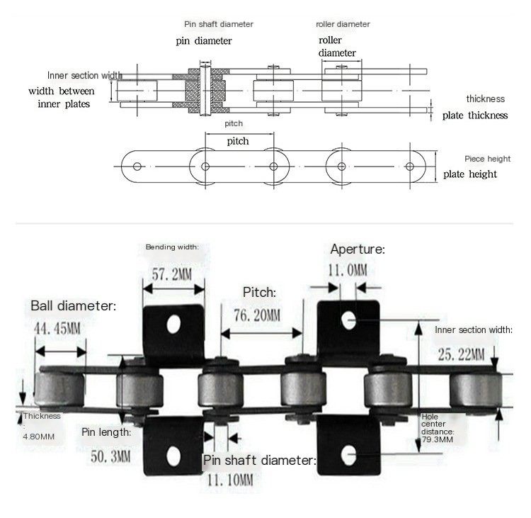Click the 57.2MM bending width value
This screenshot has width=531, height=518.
[x=172, y=274]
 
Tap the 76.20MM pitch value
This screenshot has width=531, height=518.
[x=258, y=315]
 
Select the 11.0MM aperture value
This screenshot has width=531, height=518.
[x=348, y=270]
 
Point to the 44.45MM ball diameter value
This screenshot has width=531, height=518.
[x=57, y=329]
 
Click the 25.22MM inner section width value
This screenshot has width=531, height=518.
[x=461, y=354]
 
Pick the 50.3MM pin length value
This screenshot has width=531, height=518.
[x=110, y=456]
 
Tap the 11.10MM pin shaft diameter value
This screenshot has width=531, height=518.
[x=230, y=480]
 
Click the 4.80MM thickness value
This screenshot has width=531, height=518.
[x=39, y=437]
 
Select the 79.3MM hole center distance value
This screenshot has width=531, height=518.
[x=438, y=439]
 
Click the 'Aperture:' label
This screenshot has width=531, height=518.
[x=358, y=249]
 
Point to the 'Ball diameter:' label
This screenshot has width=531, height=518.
[x=74, y=306]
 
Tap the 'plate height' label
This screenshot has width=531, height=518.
[x=470, y=174]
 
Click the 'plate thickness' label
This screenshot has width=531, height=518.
[x=475, y=116]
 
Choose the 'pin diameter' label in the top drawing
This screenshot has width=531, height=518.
[x=204, y=41]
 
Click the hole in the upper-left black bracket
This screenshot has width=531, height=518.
[x=173, y=325]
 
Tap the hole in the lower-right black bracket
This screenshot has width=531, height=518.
[x=349, y=455]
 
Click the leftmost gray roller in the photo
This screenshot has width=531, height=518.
[x=59, y=387]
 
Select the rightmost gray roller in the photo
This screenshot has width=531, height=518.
[x=476, y=390]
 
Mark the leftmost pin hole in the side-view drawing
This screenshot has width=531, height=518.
[x=137, y=167]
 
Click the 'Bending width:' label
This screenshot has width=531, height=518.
[x=172, y=247]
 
